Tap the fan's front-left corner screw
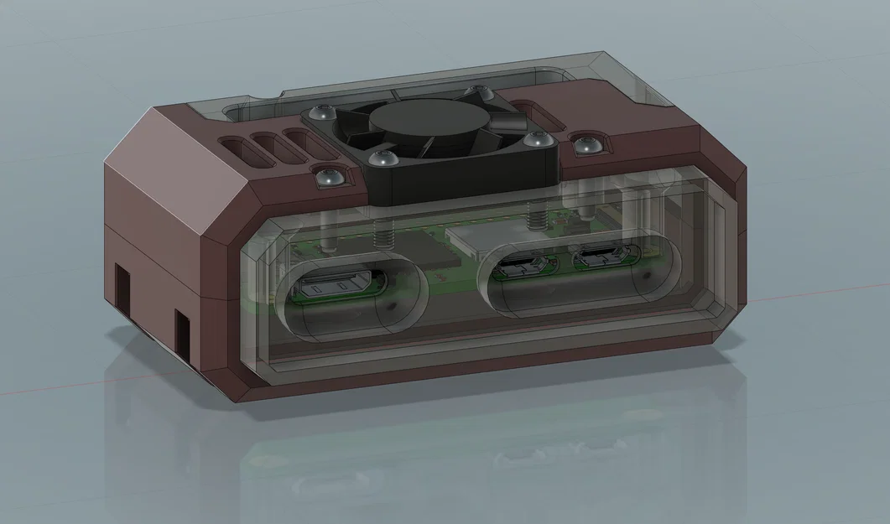click(383, 157)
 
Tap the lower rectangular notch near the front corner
click(183, 329)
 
